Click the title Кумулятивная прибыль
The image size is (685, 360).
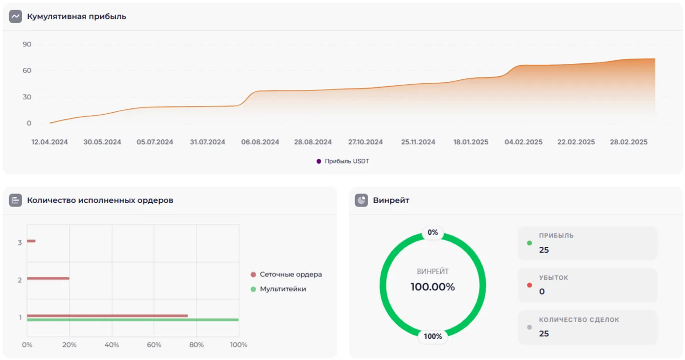click(76, 16)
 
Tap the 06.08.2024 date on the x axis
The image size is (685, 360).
click(260, 142)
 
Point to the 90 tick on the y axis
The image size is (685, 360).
click(27, 45)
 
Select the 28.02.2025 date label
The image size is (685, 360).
click(628, 142)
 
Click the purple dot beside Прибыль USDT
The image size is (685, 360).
click(319, 161)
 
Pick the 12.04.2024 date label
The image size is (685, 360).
click(50, 142)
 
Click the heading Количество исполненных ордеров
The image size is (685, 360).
click(100, 200)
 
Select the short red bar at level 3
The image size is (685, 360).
click(31, 241)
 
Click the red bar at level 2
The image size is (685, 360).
click(48, 278)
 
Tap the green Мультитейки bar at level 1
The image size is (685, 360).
click(133, 320)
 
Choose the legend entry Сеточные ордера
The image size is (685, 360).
click(290, 274)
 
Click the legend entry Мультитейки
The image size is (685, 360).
click(283, 289)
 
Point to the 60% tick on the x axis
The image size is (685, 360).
click(154, 345)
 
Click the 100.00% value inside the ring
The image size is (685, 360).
click(432, 287)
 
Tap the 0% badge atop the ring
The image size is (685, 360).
click(432, 233)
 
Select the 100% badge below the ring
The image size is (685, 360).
click(432, 336)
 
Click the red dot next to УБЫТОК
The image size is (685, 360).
click(529, 285)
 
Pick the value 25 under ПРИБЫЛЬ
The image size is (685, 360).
click(544, 250)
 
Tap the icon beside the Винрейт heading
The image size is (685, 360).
click(361, 200)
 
